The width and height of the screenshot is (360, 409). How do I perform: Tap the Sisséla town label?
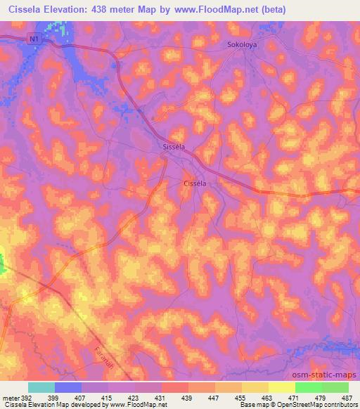pos(173,148)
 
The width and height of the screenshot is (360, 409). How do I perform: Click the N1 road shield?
pos(34,41)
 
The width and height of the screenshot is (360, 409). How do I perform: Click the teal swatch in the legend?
pos(41,387)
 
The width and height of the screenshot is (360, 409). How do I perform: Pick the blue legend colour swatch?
pos(68,387)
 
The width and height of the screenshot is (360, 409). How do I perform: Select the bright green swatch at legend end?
pos(335,387)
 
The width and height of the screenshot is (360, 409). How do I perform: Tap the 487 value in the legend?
pos(345,397)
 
